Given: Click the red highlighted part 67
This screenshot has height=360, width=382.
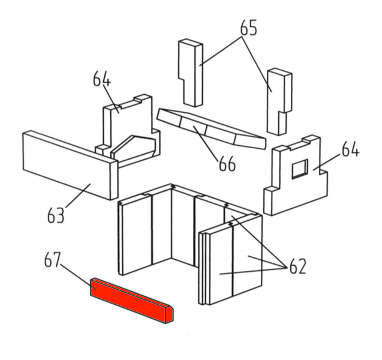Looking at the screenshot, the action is tap(131, 301).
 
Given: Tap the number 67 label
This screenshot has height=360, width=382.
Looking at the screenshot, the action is tap(52, 260).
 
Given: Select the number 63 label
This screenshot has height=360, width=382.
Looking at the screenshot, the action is tap(56, 215).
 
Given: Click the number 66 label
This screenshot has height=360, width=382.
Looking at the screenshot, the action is tap(227, 164).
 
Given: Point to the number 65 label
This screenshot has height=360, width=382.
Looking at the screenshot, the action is tap(248, 28).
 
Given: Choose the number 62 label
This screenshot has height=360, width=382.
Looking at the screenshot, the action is tap(297, 266).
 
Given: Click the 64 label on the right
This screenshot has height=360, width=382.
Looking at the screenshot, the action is tap(350, 149).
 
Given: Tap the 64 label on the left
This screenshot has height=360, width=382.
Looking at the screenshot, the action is tap(102, 79).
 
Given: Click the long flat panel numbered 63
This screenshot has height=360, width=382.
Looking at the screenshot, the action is tap(70, 165).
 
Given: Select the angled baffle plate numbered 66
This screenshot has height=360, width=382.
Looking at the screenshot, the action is tap(211, 128).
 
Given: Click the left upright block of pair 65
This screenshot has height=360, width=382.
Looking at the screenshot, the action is tap(191, 73).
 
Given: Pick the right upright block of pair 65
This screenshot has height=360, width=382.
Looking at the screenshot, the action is tap(279, 101).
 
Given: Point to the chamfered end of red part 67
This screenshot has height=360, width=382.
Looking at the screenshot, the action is tap(170, 315).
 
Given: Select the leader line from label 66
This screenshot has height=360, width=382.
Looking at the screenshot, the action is tap(206, 143).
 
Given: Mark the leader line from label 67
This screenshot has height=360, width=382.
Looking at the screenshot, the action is tap(79, 277).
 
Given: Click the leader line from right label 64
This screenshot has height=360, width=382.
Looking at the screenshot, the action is tap(326, 162).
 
